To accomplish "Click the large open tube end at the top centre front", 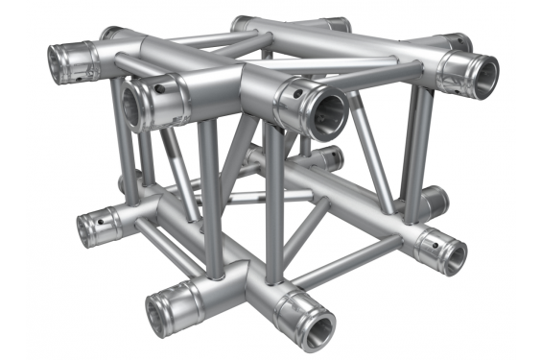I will [x=324, y=110].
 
